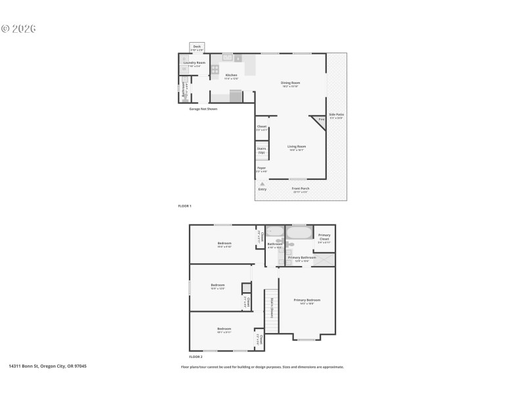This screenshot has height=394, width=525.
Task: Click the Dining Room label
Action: coord(290,83)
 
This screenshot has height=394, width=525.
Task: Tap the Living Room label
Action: coord(297,147)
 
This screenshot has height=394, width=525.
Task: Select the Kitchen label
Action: coord(231,76)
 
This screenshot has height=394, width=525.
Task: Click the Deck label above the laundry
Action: coord(197,47)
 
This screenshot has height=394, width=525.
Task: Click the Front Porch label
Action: coord(300,189)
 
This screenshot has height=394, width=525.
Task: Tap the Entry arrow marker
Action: coord(262,184)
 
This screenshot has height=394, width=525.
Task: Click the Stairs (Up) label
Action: coord(261,150)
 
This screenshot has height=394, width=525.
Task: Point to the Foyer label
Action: coord(261,169)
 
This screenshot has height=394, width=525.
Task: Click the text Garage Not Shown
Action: coord(203,109)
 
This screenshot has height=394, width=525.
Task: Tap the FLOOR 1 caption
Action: coord(184,206)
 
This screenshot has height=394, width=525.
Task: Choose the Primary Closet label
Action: coord(324,238)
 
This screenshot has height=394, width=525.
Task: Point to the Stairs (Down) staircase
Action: coord(271,307)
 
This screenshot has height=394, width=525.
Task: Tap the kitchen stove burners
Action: coord(215,68)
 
